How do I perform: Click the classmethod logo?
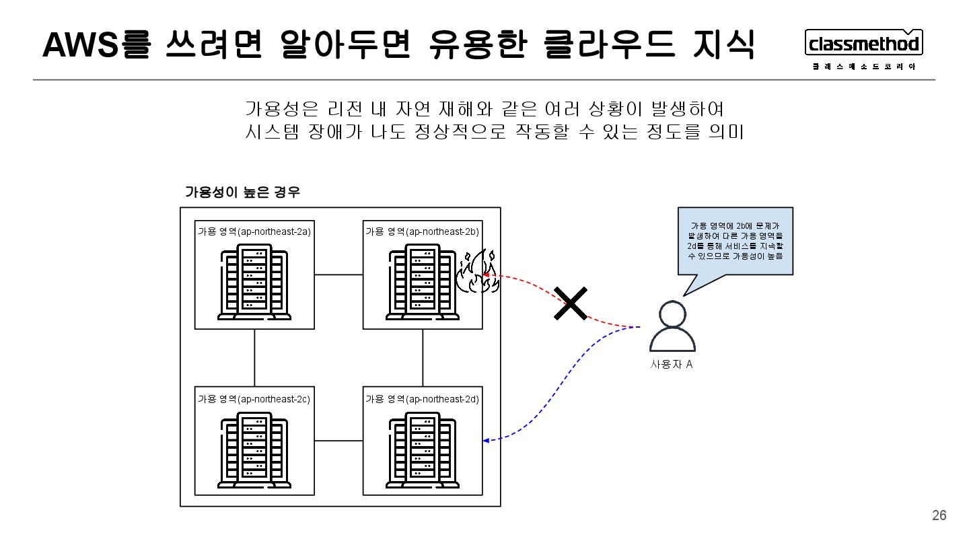point(864,44)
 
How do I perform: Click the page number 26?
point(939,515)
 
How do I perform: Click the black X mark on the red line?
point(571,303)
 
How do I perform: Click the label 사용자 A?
point(671,365)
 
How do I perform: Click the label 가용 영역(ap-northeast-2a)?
point(254,231)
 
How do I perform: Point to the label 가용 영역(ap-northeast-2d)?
point(422,399)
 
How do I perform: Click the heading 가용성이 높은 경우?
point(242,192)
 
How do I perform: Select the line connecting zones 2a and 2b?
point(338,275)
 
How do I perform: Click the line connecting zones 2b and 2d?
point(423,357)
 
